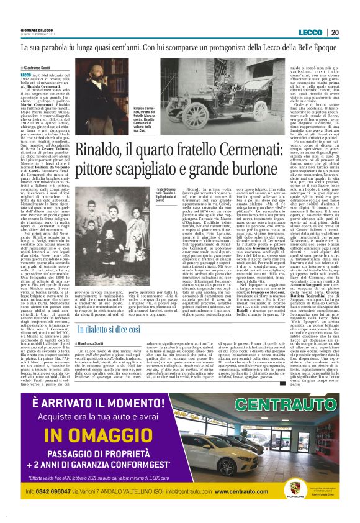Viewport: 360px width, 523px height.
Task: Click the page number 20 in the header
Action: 351,32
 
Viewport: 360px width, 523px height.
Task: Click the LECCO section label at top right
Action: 327,32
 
